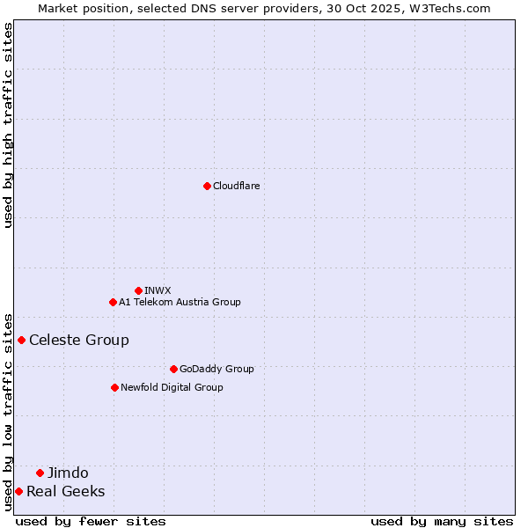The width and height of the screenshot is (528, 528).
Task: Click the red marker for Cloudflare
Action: (207, 186)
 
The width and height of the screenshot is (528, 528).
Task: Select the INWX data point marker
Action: (138, 290)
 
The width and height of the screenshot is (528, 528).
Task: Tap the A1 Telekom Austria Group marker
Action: (113, 302)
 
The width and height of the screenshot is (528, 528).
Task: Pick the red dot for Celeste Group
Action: (21, 340)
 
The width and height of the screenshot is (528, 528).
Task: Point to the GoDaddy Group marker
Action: (173, 369)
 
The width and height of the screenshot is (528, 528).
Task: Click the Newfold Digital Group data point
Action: (114, 387)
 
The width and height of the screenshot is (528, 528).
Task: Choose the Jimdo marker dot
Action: (40, 473)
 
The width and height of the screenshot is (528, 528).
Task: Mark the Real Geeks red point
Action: (18, 491)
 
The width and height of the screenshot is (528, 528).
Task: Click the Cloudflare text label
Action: (237, 186)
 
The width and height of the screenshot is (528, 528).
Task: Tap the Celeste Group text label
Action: (79, 340)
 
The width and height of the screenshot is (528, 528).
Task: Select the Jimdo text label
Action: (68, 473)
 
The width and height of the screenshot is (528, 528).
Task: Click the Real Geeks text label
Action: (66, 491)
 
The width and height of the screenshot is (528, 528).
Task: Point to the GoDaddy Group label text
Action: (216, 369)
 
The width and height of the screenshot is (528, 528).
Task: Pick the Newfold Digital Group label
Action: (172, 387)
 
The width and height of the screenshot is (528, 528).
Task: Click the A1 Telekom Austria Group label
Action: (180, 302)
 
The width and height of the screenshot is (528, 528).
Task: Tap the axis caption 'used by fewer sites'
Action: (91, 521)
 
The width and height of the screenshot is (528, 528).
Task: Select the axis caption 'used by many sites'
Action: (442, 521)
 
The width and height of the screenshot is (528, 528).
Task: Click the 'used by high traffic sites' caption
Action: (8, 125)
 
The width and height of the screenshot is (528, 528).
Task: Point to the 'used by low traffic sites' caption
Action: (8, 411)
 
